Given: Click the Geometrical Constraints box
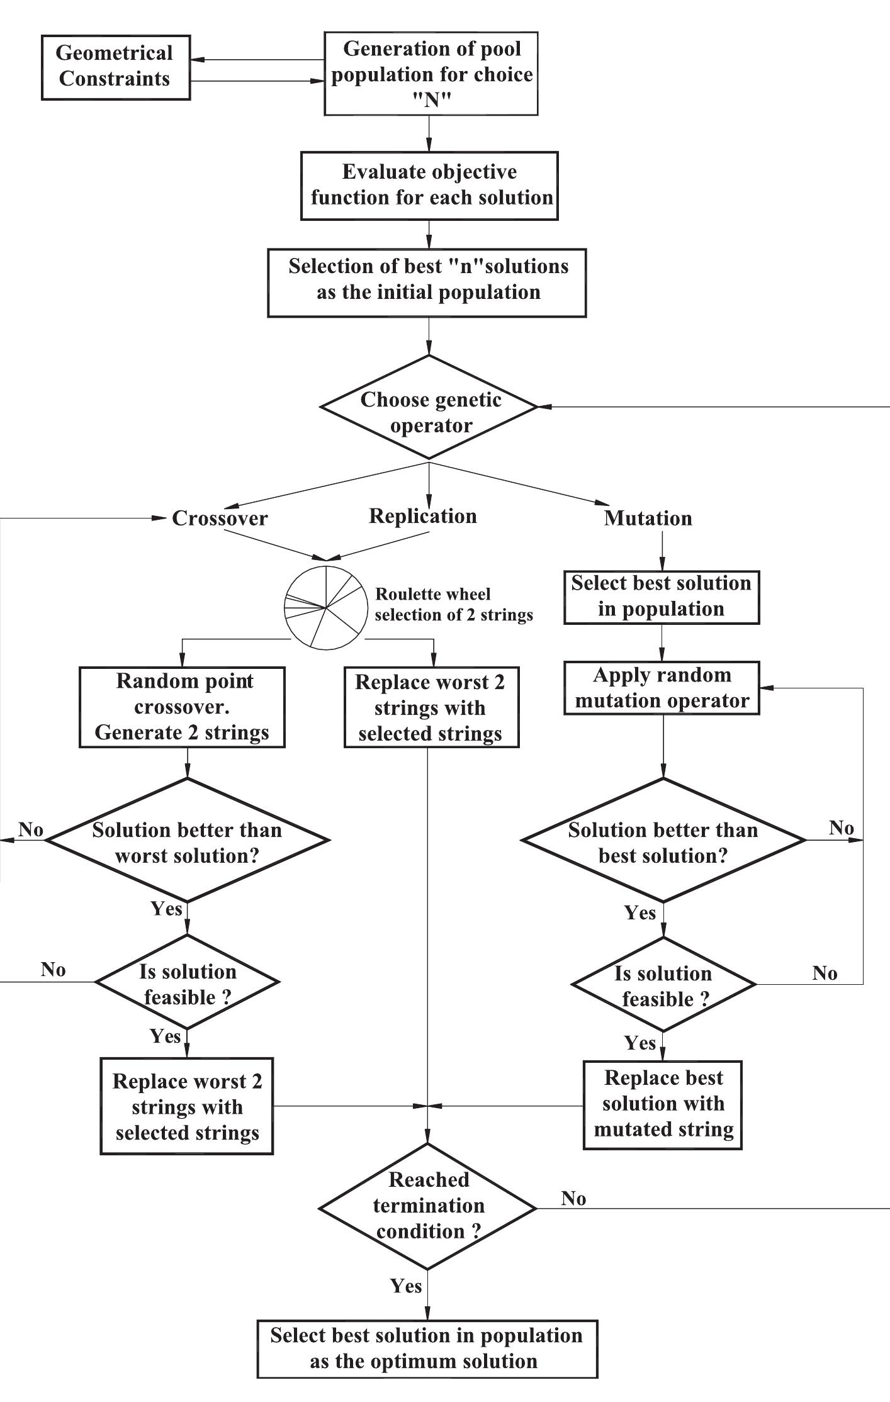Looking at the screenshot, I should [x=116, y=67].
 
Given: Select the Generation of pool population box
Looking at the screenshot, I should [x=431, y=74].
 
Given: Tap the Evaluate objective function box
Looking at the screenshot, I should [x=429, y=186].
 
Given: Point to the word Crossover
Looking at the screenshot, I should [x=220, y=519].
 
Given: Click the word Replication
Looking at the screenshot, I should [x=423, y=516].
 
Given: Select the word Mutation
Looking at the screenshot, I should [x=648, y=519].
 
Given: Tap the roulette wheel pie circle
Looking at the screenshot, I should [x=326, y=608].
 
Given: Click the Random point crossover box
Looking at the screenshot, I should [x=183, y=707].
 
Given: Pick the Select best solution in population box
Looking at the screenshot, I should [x=662, y=597].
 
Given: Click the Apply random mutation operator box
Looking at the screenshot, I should [x=662, y=688].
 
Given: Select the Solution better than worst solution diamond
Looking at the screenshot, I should [x=188, y=841].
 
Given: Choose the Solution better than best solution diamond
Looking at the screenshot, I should [x=663, y=841].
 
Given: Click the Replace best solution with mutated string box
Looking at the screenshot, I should [x=663, y=1106].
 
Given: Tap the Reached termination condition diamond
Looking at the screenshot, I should [x=428, y=1207].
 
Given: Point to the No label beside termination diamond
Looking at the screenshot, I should [x=573, y=1199].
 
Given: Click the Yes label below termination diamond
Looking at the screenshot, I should [x=406, y=1286].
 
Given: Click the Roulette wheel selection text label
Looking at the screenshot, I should [x=453, y=605].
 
